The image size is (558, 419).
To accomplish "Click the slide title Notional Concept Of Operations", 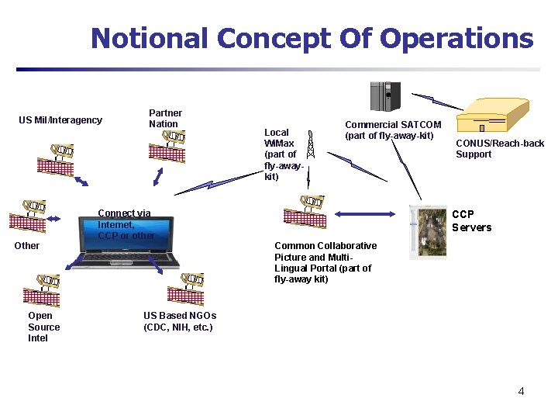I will (312, 38).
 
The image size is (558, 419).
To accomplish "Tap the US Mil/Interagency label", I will (60, 120).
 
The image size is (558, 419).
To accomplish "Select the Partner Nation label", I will (165, 119).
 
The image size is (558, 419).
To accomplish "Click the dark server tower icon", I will (384, 96).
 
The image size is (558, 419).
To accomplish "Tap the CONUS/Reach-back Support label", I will (499, 149).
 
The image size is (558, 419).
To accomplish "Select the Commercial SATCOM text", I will (393, 130).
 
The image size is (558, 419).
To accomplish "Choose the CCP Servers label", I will (471, 220).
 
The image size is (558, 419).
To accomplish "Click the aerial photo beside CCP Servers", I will (428, 231).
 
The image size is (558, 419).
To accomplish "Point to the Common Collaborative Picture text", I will (325, 262).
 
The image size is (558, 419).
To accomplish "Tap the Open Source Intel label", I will (43, 327).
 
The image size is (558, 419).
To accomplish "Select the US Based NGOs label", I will (180, 321).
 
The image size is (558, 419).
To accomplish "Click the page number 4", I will (521, 391).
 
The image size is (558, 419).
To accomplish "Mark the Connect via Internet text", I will (126, 224).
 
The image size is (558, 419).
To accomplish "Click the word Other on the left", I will (27, 246).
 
